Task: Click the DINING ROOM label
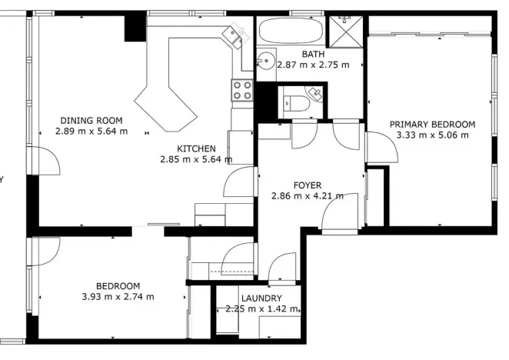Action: pos(91,120)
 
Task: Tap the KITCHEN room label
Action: pos(196,148)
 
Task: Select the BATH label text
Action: pos(313,55)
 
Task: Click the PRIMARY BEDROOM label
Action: pos(431,124)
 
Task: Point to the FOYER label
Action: pos(307,185)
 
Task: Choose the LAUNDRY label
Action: pos(261,298)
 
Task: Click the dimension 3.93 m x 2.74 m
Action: pos(118,296)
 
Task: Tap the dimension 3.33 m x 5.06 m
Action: pos(431,135)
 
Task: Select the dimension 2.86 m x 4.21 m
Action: pos(307,195)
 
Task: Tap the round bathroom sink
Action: pos(267,60)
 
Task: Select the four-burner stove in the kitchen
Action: pos(242,90)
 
